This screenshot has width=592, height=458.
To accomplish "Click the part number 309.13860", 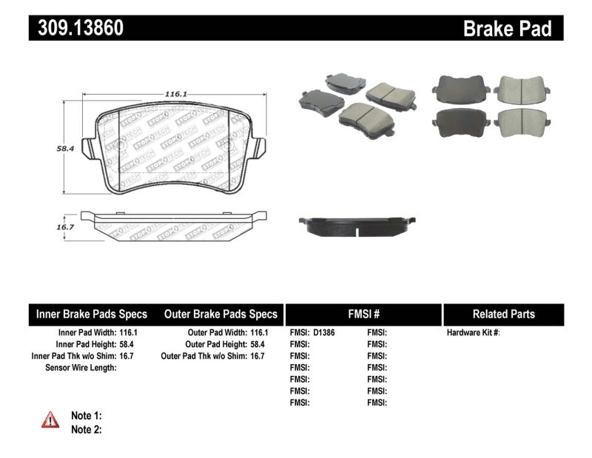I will point(77,27).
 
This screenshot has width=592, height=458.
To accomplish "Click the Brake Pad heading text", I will point(507,28).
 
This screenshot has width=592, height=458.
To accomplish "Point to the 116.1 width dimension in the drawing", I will point(175,94).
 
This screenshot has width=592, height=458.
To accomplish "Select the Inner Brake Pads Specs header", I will point(92,314).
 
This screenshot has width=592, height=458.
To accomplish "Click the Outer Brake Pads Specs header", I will point(221,314).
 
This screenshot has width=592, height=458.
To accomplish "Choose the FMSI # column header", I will point(363,314).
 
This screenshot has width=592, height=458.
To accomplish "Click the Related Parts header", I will point(503,314).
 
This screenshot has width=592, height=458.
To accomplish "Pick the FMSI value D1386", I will point(324,333).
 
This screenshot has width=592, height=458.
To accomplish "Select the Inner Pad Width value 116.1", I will point(129,333).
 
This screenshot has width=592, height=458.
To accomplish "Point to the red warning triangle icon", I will point(50,420).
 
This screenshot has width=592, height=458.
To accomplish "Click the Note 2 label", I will point(86,429).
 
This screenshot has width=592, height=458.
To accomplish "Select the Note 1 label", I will point(86,415).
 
